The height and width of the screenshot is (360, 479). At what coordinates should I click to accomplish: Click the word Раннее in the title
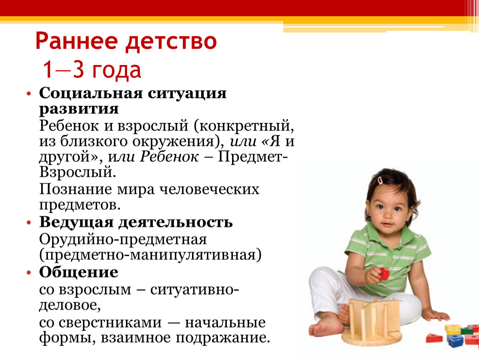coord(77,41)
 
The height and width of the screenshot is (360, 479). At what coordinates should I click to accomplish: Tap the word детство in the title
coord(171,41)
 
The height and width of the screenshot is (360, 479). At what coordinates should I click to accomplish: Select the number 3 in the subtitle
coord(78,69)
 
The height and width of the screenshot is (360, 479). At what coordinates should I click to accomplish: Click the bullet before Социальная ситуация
coord(29,93)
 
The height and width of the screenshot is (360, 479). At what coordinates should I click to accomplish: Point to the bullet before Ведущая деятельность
coord(29,222)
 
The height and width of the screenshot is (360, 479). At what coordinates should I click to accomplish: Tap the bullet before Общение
coord(29,272)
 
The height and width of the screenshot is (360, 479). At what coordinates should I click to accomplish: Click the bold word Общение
coord(78,272)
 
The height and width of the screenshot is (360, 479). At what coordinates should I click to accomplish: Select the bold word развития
coord(79,109)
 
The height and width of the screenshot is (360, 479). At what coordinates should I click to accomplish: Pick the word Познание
coord(75,189)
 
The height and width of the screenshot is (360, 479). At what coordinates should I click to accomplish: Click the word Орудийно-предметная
coord(123,239)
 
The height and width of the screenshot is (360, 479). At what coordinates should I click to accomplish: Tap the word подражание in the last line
coord(223,338)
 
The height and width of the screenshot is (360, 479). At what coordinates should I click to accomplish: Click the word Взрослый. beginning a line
coord(77,172)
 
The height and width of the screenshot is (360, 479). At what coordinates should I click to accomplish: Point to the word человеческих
coord(210,189)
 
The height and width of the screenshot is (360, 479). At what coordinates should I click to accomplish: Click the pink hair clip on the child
coord(380,180)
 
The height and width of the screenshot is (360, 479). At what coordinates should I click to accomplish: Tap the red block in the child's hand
coord(384,273)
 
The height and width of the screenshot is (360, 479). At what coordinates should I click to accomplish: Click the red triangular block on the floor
coord(434,338)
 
